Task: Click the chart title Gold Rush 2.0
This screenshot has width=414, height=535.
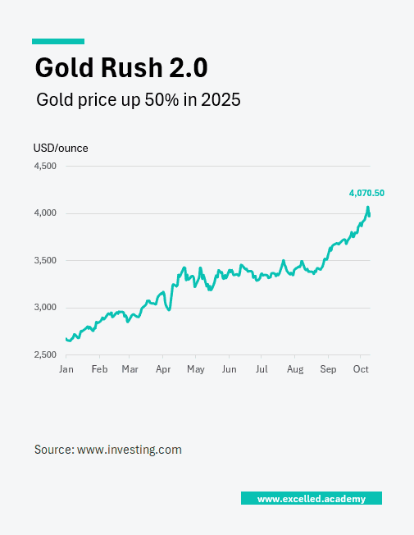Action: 121,66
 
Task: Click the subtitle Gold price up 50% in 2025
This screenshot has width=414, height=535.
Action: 138,100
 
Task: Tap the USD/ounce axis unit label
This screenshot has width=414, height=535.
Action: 61,149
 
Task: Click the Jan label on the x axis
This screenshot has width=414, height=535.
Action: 66,369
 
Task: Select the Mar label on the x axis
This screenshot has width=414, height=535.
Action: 130,369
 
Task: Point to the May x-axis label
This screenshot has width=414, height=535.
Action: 195,369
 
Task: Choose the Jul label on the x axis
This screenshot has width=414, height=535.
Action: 261,369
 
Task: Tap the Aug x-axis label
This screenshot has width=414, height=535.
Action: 295,369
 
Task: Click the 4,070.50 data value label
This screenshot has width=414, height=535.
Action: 366,194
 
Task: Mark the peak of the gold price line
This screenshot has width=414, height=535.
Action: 368,208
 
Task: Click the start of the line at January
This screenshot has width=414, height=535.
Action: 66,339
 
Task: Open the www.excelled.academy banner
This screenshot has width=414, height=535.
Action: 311,499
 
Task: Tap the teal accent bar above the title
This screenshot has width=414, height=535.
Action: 58,41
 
